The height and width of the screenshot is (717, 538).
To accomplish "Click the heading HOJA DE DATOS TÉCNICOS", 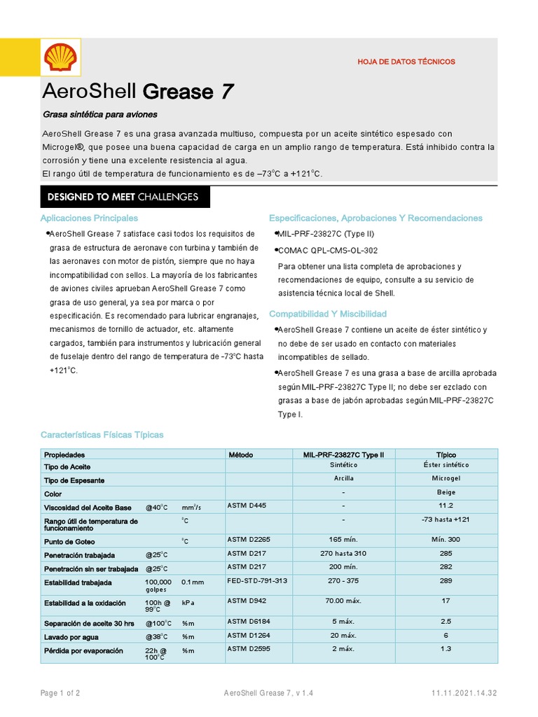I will click(406, 62).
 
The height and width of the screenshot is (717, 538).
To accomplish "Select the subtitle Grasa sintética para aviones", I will click(99, 114).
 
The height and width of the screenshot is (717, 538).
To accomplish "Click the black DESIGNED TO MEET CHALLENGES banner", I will click(123, 197).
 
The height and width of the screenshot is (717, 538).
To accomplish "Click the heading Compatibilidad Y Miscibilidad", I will click(328, 314).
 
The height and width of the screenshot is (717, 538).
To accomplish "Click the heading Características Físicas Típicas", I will click(102, 435).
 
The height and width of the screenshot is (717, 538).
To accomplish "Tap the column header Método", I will click(241, 455).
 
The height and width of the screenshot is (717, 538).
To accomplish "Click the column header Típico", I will click(446, 455).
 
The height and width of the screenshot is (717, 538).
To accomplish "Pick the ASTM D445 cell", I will click(247, 505).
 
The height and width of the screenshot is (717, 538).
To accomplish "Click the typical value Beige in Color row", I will click(446, 493).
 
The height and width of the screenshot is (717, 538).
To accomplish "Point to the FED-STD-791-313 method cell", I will click(257, 581).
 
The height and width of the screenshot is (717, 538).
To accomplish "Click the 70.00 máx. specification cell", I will click(343, 601).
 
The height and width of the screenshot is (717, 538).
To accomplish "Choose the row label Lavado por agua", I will click(71, 637).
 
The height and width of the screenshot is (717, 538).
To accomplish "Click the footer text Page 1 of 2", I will click(60, 693).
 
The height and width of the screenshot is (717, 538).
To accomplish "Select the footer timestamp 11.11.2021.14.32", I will click(464, 693).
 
